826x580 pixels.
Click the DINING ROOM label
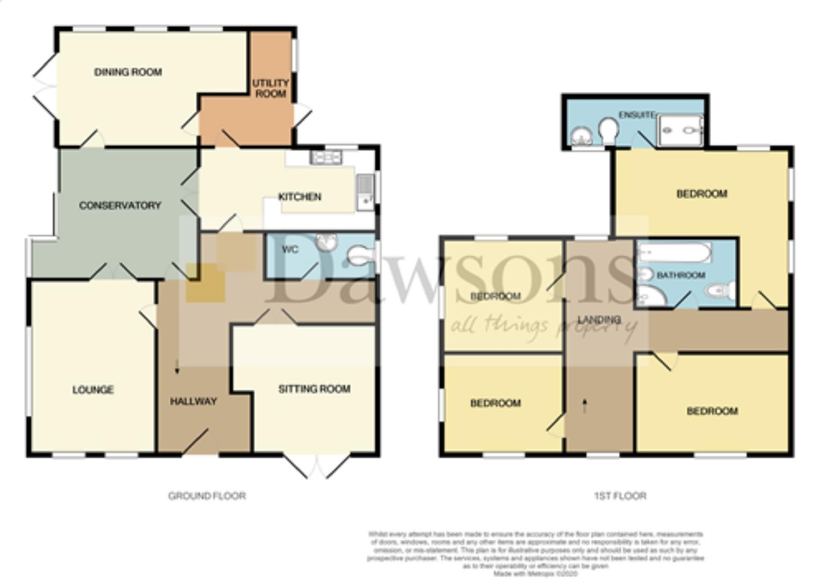[x=128, y=72]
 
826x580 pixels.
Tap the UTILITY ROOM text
[x=270, y=89]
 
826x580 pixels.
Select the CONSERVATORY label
[x=120, y=205]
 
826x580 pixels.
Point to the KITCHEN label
[x=300, y=197]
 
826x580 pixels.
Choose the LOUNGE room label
[x=93, y=390]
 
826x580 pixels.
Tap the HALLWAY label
[x=193, y=401]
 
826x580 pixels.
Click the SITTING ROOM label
[x=314, y=389]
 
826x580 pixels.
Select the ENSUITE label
[x=636, y=115]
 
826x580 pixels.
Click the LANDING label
[x=599, y=320]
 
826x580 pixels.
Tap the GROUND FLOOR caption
[x=207, y=496]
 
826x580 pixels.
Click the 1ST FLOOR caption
[x=620, y=496]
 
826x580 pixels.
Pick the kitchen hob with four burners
[x=327, y=157]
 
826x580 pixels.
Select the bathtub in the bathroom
[x=675, y=252]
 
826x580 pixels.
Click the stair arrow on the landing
[x=585, y=405]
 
